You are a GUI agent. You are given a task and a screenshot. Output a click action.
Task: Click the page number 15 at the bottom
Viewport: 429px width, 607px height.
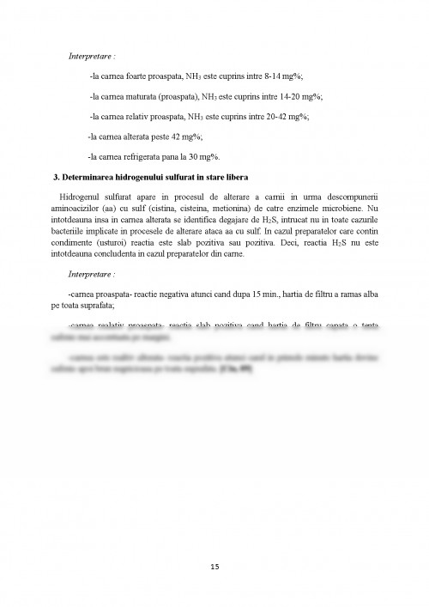tap(214, 566)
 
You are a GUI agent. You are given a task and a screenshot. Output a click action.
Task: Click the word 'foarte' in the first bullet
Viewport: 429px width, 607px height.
tap(142, 76)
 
